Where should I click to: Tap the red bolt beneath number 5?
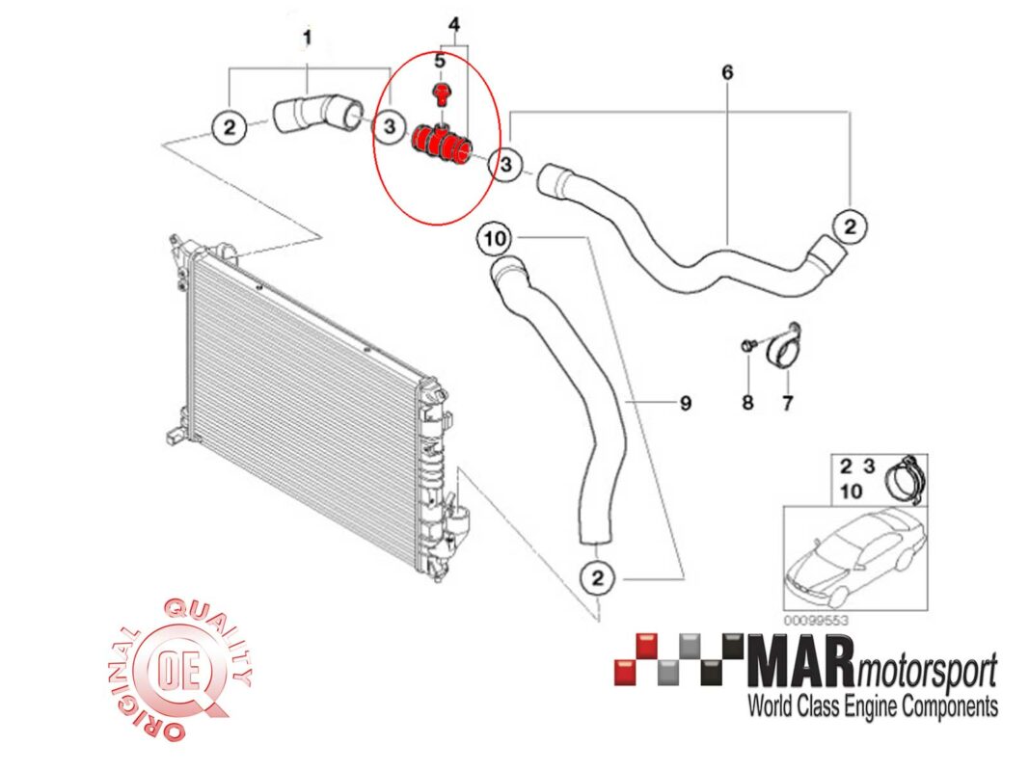tap(442, 94)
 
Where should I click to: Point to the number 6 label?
tap(727, 72)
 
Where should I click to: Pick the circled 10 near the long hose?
tap(494, 236)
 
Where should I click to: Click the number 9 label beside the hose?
tap(686, 403)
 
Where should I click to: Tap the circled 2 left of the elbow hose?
tap(228, 126)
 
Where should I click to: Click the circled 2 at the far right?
tap(850, 226)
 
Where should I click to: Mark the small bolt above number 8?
tap(747, 346)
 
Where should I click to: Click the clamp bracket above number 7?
tap(785, 347)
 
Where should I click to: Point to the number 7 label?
tap(787, 403)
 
